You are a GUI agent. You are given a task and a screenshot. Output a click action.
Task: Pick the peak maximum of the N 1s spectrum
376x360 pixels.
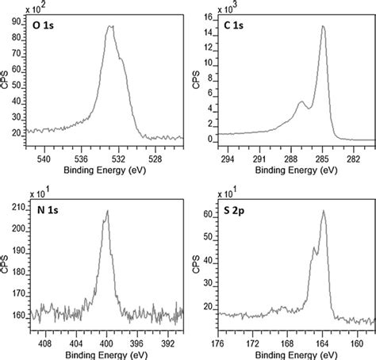107,211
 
